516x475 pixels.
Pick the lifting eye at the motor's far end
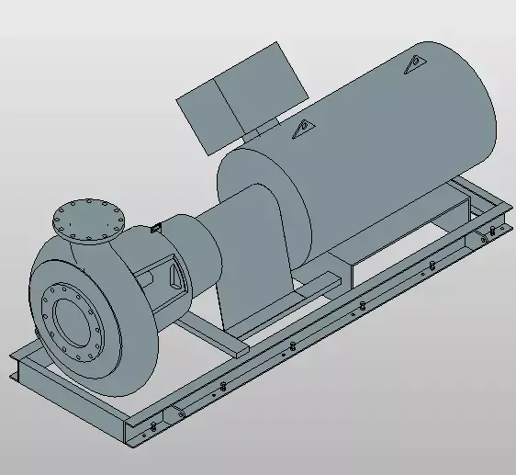tap(414, 65)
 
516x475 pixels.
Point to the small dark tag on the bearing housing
tap(155, 226)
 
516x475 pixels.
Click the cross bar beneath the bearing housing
tap(211, 337)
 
